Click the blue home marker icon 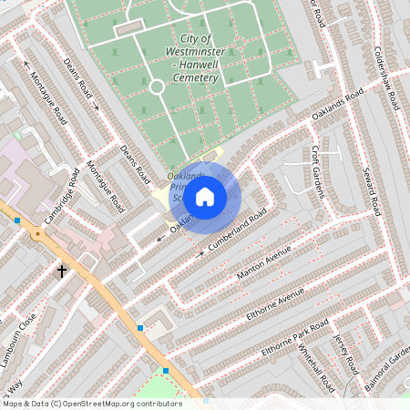pyautogui.click(x=205, y=196)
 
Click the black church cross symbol pyautogui.click(x=63, y=271)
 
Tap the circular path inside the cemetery pyautogui.click(x=156, y=87)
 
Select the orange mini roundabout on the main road pyautogui.click(x=37, y=233)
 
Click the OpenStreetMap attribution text pyautogui.click(x=91, y=403)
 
